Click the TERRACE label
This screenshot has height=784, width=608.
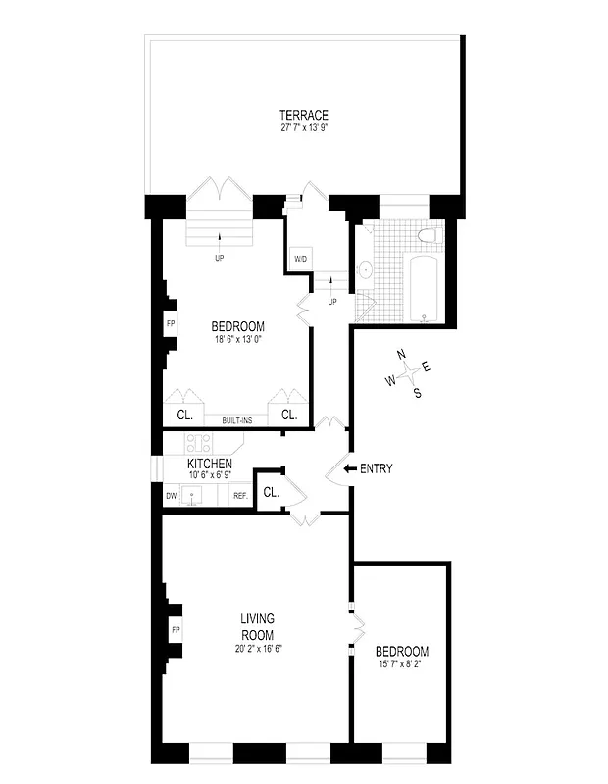[302, 114]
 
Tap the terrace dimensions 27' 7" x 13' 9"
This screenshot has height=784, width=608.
[302, 127]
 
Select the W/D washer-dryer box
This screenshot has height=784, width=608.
[301, 259]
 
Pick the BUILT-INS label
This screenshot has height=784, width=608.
[238, 418]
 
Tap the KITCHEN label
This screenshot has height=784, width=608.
[210, 464]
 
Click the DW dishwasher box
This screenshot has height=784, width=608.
[171, 496]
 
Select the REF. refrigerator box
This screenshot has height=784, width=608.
[239, 496]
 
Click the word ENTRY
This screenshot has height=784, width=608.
[377, 468]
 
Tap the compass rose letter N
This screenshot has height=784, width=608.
[400, 355]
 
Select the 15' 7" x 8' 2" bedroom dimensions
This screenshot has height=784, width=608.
[401, 665]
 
